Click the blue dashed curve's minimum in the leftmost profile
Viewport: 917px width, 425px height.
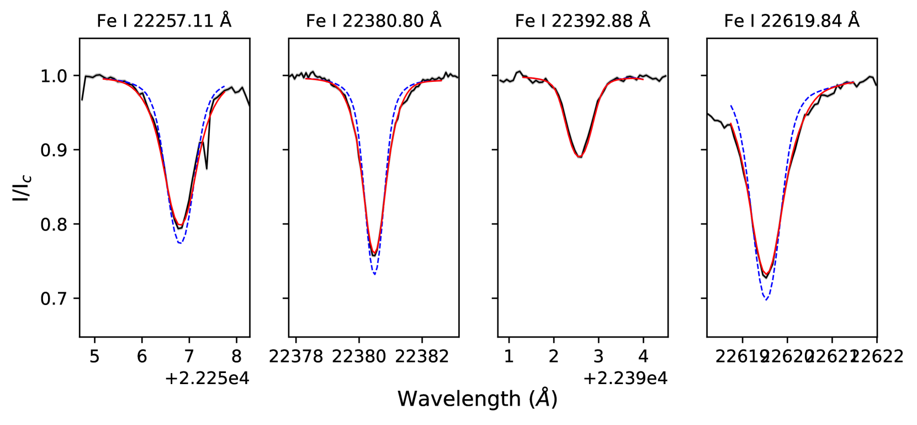pos(180,243)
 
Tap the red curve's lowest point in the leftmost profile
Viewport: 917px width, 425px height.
pos(180,225)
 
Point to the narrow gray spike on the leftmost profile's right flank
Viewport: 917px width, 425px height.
pos(207,169)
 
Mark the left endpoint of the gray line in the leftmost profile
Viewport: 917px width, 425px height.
pos(82,101)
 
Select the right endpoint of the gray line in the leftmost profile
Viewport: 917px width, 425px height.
pos(248,106)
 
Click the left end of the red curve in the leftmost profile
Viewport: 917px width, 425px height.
pos(103,79)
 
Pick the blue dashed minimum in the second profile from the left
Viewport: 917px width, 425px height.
pos(374,274)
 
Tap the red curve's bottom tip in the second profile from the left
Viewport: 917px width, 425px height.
pos(374,254)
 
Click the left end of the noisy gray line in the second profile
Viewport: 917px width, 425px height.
pos(290,76)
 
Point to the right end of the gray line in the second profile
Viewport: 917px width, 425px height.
pos(458,77)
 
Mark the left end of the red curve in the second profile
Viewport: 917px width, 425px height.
pos(304,79)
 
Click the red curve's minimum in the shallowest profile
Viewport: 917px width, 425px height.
pos(580,157)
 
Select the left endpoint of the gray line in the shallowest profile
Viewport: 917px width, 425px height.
pos(500,81)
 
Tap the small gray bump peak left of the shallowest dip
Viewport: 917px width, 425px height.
pos(519,71)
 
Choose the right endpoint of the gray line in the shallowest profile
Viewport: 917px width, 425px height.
pos(666,75)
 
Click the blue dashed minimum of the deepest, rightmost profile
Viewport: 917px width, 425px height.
pos(766,299)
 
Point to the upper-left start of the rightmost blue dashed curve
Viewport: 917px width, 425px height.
pos(730,105)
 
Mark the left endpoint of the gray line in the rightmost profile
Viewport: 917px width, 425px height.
pos(708,113)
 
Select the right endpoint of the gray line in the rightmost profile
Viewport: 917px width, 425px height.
pos(876,86)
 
